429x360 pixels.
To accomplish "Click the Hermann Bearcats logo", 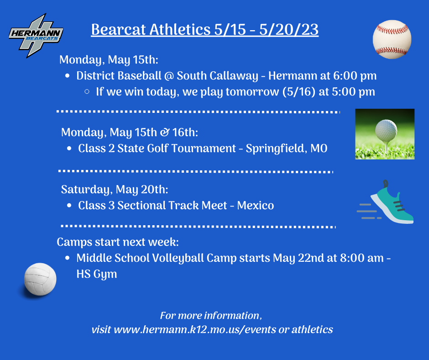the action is coord(36,36).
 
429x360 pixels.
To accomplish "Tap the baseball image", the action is coord(392,39).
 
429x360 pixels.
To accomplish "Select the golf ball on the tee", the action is coord(386,131).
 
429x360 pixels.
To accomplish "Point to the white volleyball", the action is coord(40,279).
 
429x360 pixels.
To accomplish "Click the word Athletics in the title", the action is coord(180,30).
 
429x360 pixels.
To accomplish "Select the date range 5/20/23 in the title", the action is coord(289,30).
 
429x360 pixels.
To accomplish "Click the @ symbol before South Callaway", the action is coord(169,76).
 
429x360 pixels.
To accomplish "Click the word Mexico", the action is coord(256,206).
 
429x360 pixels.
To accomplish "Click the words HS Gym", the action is coord(97,274).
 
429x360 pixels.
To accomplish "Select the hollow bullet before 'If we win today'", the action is coord(87,92).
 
